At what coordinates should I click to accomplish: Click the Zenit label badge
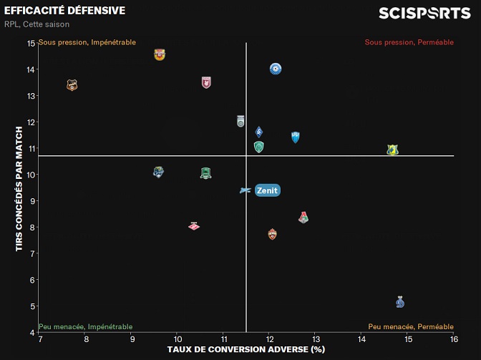(x=267, y=190)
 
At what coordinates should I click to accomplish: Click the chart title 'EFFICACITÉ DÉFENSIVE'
(x=65, y=11)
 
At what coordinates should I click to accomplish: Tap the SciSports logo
(x=416, y=13)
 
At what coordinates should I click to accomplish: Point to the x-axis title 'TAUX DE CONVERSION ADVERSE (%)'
(x=246, y=349)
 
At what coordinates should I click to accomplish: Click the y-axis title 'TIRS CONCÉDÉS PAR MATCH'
(x=19, y=188)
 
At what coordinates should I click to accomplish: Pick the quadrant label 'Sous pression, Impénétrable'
(x=87, y=42)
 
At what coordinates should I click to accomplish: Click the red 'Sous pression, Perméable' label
(x=409, y=42)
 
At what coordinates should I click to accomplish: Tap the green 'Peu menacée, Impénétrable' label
(x=85, y=326)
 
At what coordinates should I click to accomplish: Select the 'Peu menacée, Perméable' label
(x=411, y=326)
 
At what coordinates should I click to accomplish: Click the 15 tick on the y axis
(x=31, y=44)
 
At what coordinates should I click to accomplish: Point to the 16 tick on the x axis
(x=454, y=339)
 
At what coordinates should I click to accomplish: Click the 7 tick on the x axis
(x=41, y=339)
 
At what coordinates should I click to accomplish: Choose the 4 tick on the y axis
(x=32, y=332)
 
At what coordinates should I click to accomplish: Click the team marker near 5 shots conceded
(x=400, y=303)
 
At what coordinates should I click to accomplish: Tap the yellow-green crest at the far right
(x=392, y=150)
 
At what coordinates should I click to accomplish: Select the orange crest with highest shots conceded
(x=160, y=54)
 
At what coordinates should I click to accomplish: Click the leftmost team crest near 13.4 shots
(x=72, y=85)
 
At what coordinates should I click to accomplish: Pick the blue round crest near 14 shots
(x=276, y=69)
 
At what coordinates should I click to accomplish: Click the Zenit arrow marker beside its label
(x=245, y=190)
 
